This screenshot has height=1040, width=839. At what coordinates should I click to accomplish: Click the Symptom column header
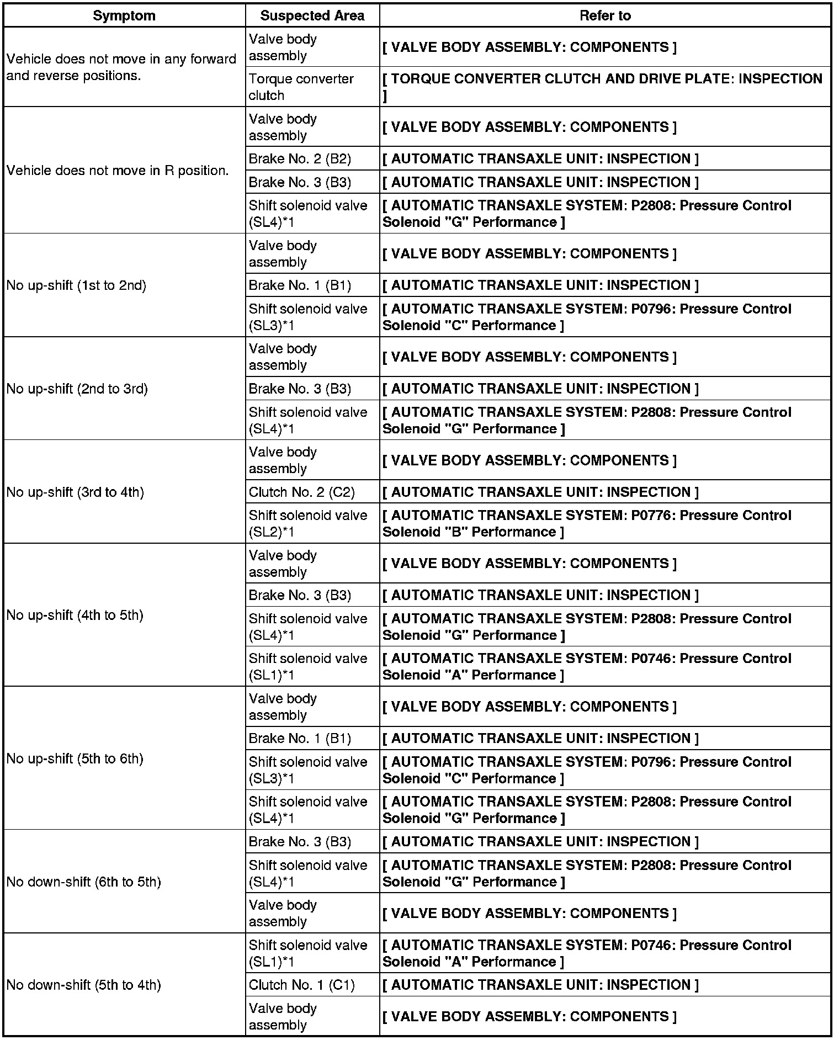(124, 15)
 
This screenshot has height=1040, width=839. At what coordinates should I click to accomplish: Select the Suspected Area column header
(312, 15)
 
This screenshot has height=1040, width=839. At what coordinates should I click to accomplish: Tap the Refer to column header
(605, 15)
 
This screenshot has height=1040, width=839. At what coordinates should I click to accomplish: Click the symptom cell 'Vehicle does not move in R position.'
(118, 171)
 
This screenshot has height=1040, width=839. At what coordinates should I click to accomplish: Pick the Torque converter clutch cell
(301, 87)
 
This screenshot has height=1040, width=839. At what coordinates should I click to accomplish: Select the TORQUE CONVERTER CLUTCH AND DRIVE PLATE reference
(602, 87)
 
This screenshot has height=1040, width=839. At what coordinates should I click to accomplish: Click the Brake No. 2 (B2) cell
(300, 159)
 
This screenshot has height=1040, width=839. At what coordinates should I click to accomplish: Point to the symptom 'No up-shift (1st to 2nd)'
(76, 285)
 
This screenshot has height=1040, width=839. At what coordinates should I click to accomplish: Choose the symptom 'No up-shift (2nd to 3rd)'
(77, 389)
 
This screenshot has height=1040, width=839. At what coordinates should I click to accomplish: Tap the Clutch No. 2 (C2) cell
(301, 492)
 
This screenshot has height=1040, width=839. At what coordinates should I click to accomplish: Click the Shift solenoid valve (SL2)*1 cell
(307, 523)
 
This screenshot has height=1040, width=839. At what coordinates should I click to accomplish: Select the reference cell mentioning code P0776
(587, 523)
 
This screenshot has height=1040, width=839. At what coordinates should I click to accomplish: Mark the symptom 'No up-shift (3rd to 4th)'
(75, 492)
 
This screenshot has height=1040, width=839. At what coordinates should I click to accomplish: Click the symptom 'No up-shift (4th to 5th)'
(75, 615)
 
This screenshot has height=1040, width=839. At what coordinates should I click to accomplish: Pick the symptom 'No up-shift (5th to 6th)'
(75, 758)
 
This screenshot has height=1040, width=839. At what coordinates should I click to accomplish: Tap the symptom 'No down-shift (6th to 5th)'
(83, 882)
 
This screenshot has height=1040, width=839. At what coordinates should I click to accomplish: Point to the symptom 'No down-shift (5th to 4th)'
(83, 985)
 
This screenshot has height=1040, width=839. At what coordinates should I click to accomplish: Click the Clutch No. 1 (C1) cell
(301, 985)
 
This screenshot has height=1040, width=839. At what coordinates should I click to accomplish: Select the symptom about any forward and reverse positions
(121, 67)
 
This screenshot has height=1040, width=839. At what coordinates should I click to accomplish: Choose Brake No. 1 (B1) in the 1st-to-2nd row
(300, 285)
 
